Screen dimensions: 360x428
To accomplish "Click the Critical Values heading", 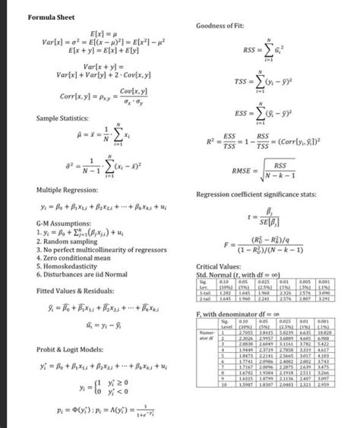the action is coord(219,267).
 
